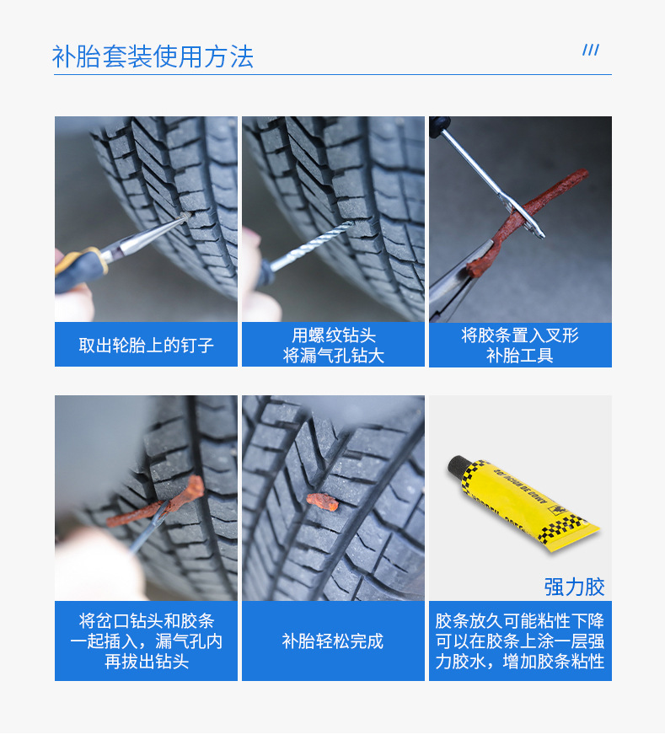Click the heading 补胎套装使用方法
(x=153, y=56)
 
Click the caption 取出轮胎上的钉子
(x=146, y=346)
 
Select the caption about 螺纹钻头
(x=333, y=346)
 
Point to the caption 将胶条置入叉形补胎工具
(x=520, y=346)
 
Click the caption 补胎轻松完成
(x=333, y=641)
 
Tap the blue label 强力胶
(x=574, y=587)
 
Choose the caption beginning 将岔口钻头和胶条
(x=146, y=641)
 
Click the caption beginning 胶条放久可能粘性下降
(x=520, y=641)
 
